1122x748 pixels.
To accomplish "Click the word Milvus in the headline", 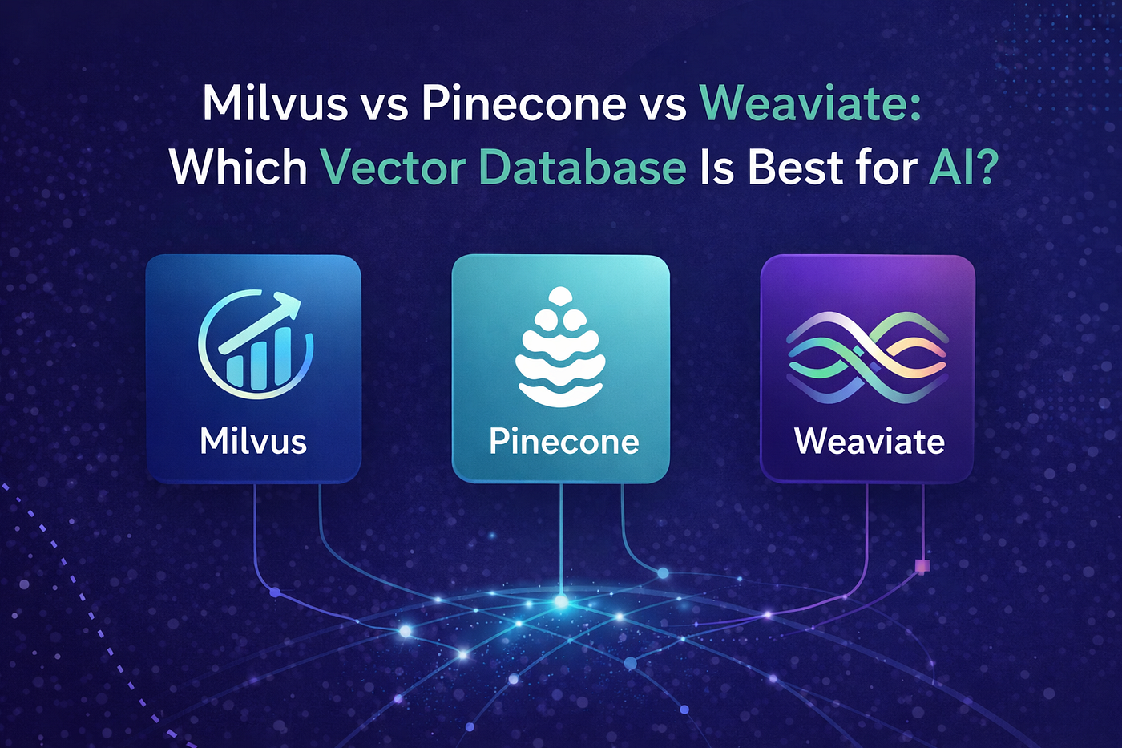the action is [x=275, y=105].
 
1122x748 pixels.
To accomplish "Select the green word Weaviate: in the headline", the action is [x=809, y=105].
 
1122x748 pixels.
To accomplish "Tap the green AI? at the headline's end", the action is [x=960, y=167].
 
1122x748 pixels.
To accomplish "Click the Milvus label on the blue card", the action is [x=253, y=442].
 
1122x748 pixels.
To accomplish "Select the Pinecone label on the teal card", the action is [x=563, y=442].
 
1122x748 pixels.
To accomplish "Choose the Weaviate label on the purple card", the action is [x=869, y=442].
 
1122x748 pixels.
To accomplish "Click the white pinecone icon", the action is [x=560, y=346].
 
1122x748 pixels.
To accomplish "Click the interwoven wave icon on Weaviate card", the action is [x=867, y=358].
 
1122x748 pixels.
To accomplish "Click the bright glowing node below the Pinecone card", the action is [x=561, y=601].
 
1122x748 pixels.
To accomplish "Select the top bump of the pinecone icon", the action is [x=560, y=296].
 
